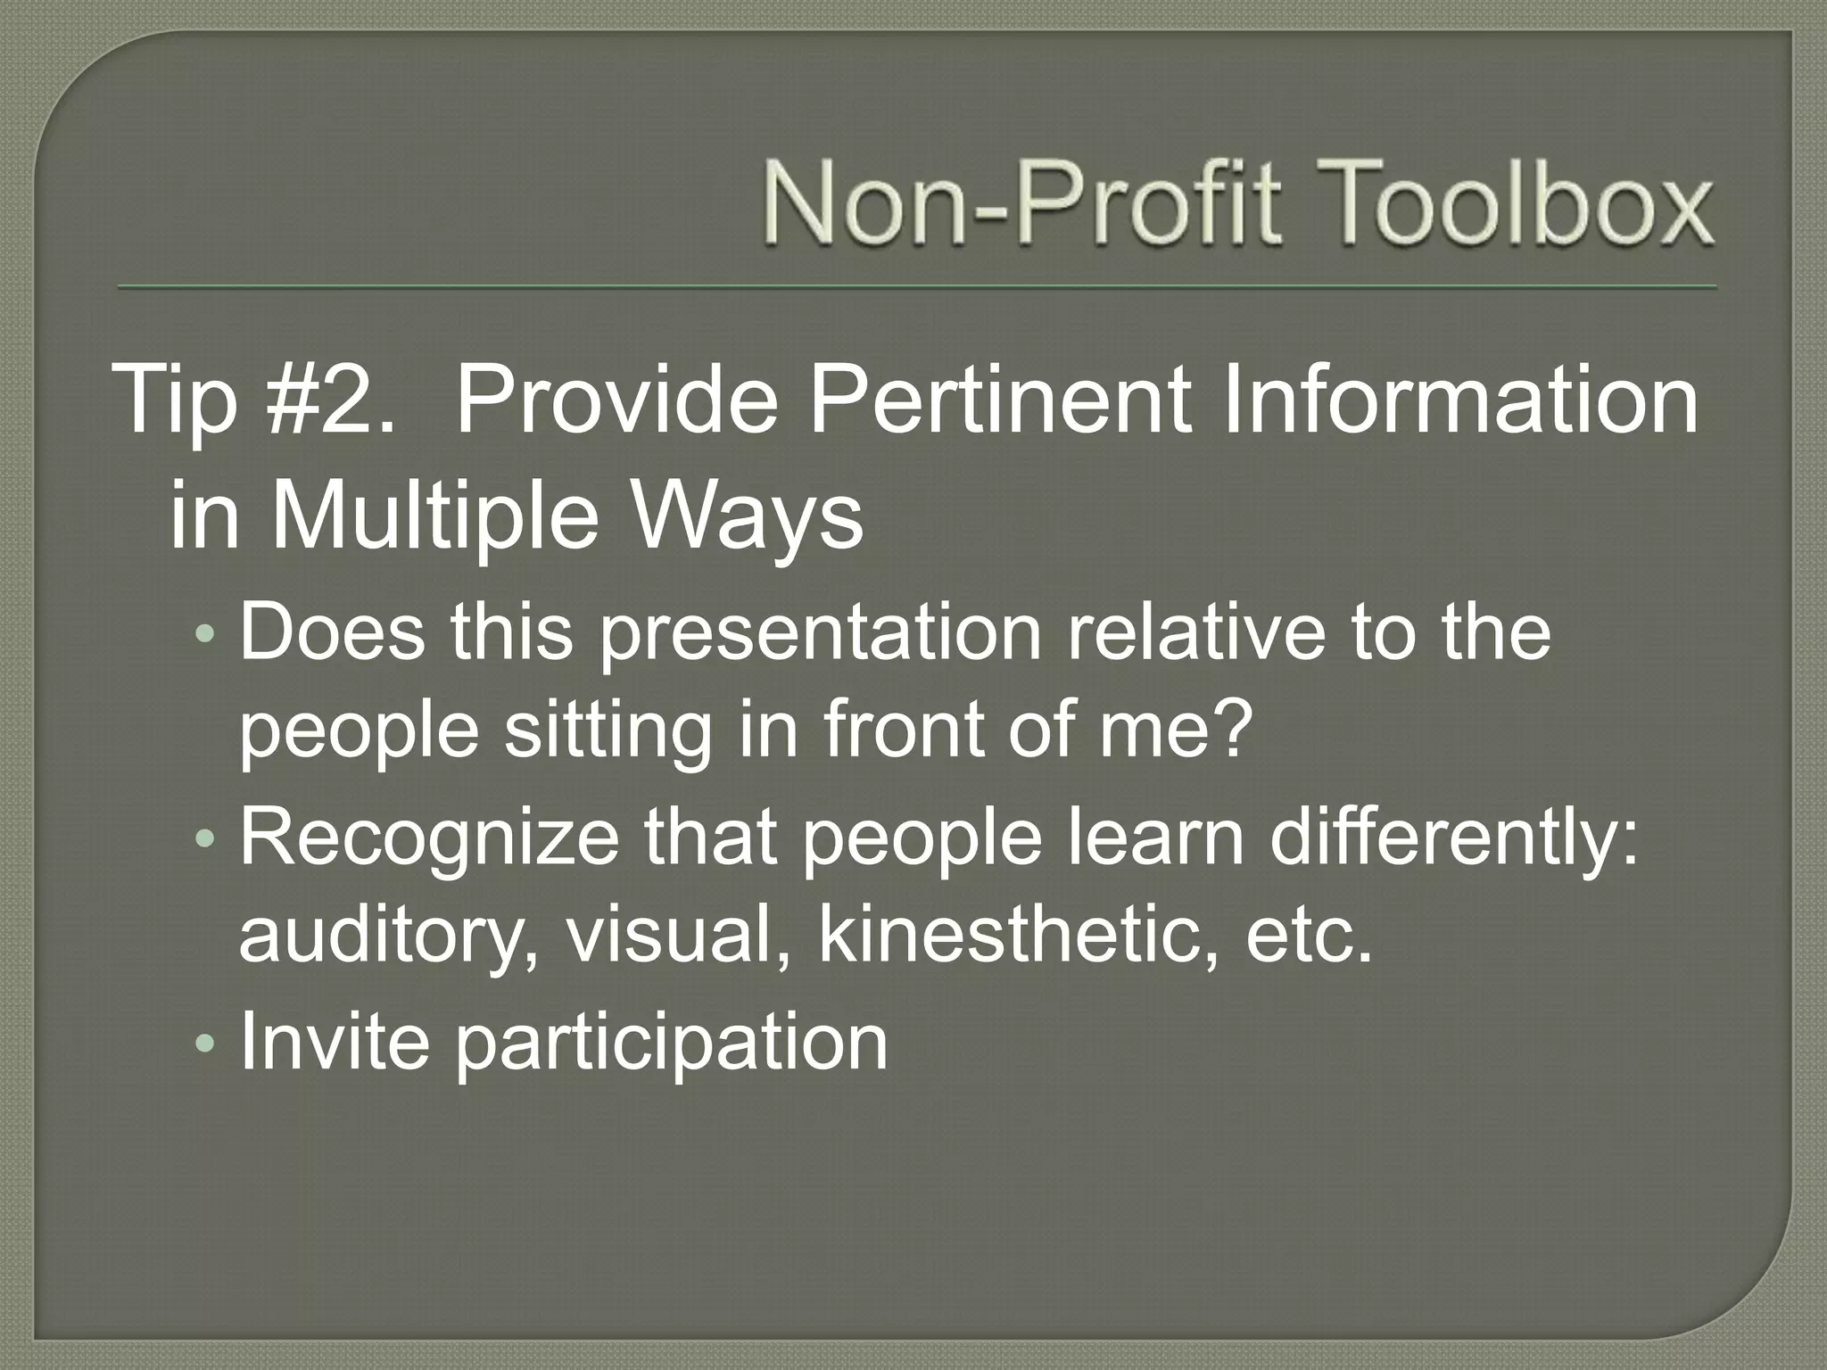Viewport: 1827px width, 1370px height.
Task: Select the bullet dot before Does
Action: click(205, 634)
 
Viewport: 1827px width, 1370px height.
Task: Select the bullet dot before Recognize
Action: click(205, 839)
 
